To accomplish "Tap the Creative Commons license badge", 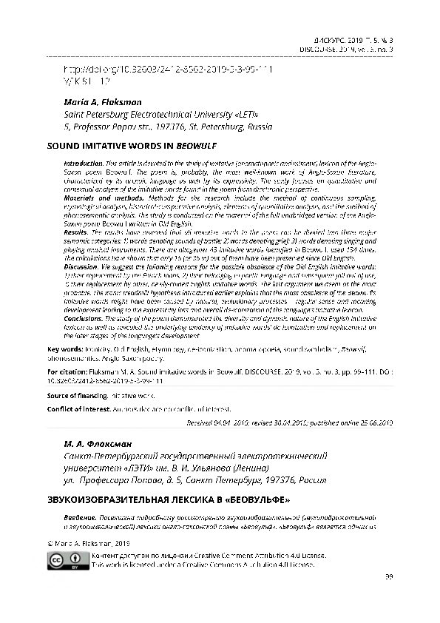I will [x=65, y=560].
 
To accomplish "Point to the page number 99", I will [x=387, y=576].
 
